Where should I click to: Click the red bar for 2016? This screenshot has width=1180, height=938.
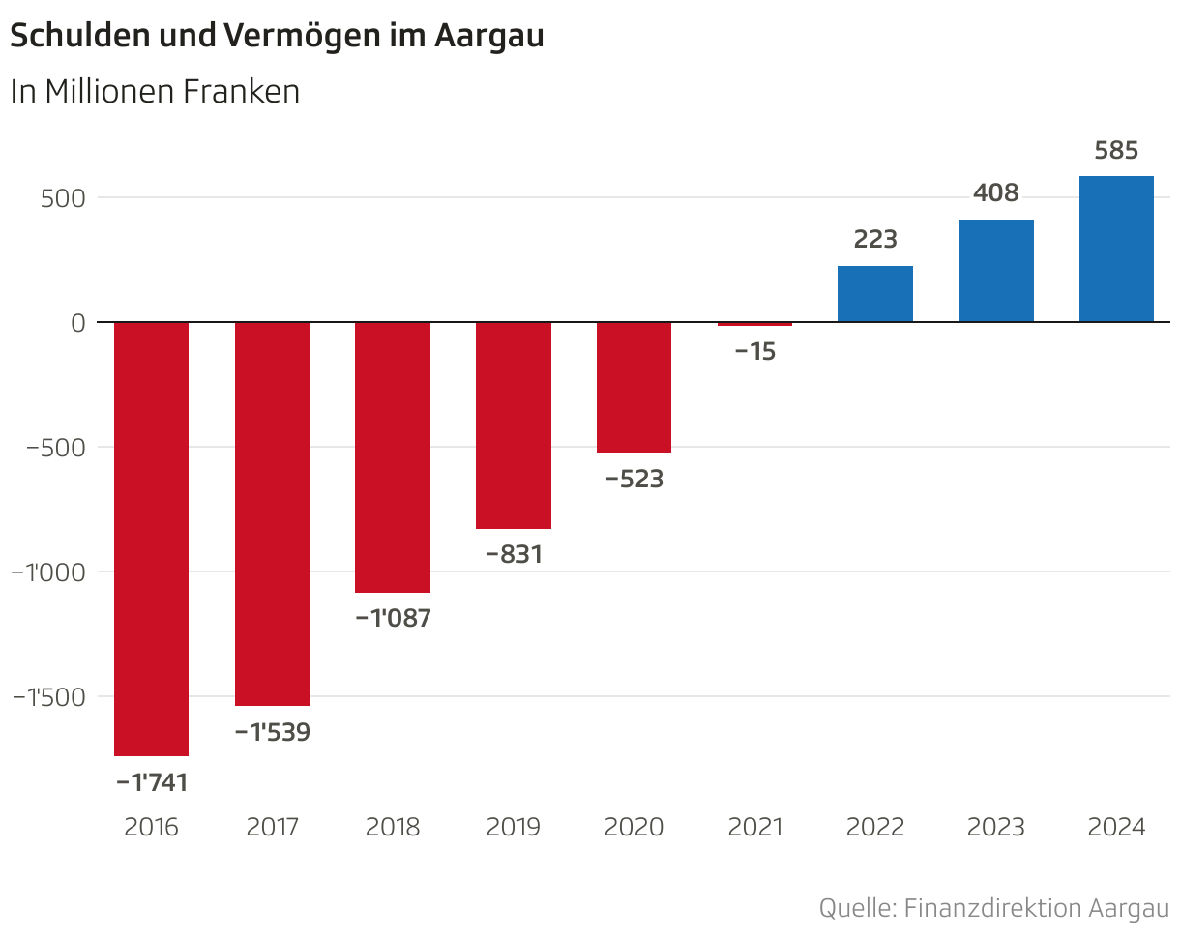[x=152, y=539]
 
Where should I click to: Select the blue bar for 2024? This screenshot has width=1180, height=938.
[x=1116, y=249]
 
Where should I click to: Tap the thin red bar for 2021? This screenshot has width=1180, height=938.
[x=754, y=324]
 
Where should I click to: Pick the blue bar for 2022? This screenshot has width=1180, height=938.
[x=875, y=294]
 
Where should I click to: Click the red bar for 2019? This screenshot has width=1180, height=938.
[x=514, y=425]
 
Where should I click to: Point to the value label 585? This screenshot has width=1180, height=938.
[x=1116, y=151]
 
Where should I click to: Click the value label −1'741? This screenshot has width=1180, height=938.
[x=152, y=782]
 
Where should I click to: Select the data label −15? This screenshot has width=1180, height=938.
[x=754, y=352]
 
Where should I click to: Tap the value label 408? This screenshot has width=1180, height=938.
[x=995, y=193]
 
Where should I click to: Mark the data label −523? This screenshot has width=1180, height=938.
[x=634, y=479]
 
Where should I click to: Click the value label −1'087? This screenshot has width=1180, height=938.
[x=393, y=618]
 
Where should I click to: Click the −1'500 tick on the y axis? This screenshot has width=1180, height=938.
[x=49, y=697]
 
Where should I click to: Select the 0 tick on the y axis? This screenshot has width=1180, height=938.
[x=78, y=323]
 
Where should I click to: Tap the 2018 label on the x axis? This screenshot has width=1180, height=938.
[x=393, y=828]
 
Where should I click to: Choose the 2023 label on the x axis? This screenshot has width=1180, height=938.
[x=995, y=828]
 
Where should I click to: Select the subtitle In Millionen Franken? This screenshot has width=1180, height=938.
[x=155, y=92]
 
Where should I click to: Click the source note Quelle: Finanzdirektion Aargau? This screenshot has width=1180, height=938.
[x=993, y=909]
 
